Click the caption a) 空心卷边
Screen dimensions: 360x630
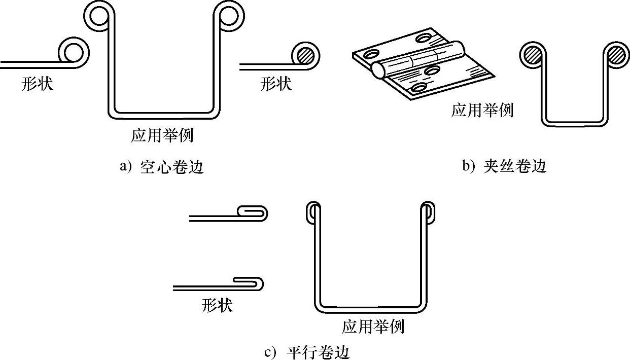(161, 167)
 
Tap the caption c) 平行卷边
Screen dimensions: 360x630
(307, 351)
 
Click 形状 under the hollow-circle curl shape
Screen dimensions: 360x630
(37, 83)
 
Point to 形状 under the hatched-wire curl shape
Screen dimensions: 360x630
(276, 83)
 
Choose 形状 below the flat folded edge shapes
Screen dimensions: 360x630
(217, 305)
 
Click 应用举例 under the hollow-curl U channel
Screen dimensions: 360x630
(162, 135)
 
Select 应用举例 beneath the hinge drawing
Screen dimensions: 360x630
(482, 110)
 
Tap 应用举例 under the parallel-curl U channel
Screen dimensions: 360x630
(373, 326)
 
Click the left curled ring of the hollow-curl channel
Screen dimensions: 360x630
(97, 15)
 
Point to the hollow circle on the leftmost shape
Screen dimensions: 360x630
(74, 52)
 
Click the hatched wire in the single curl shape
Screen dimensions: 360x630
(305, 54)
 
